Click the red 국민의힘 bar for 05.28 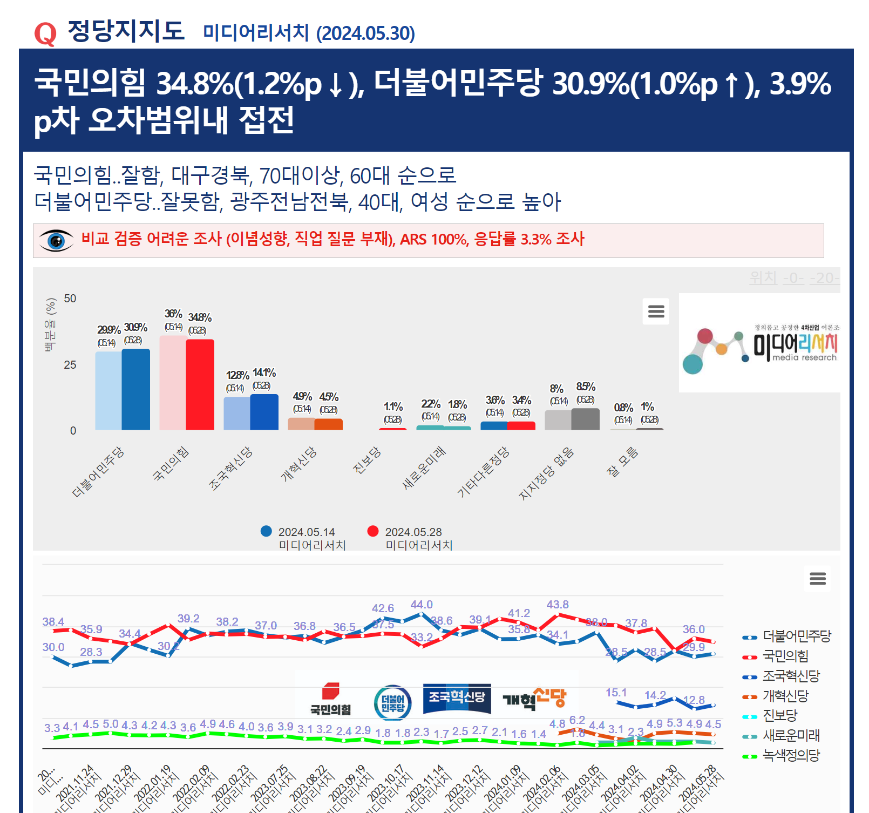click(200, 384)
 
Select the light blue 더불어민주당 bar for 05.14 click(108, 390)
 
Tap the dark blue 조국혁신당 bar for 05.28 click(264, 411)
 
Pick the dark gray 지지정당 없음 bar click(585, 419)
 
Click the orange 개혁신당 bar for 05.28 click(328, 424)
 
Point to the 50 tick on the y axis click(70, 299)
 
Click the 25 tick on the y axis click(70, 365)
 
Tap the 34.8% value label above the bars click(200, 317)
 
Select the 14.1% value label click(264, 372)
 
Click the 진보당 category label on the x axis click(367, 460)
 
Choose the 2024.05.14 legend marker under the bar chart click(266, 531)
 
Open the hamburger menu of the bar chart click(656, 311)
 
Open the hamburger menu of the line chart click(818, 579)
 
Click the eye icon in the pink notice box click(56, 241)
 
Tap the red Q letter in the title click(45, 33)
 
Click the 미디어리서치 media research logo click(759, 343)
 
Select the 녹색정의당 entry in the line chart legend click(791, 755)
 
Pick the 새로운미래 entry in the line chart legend click(791, 735)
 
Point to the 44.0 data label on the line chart click(422, 605)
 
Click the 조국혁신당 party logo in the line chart click(457, 698)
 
